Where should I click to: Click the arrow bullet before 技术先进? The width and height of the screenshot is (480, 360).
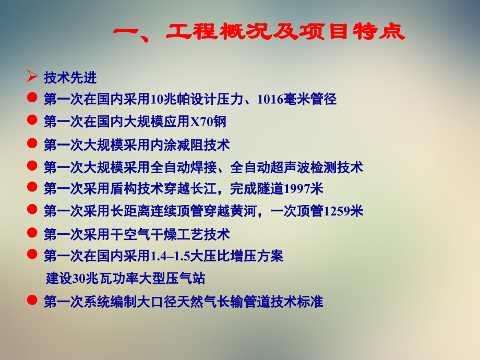(x=32, y=77)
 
